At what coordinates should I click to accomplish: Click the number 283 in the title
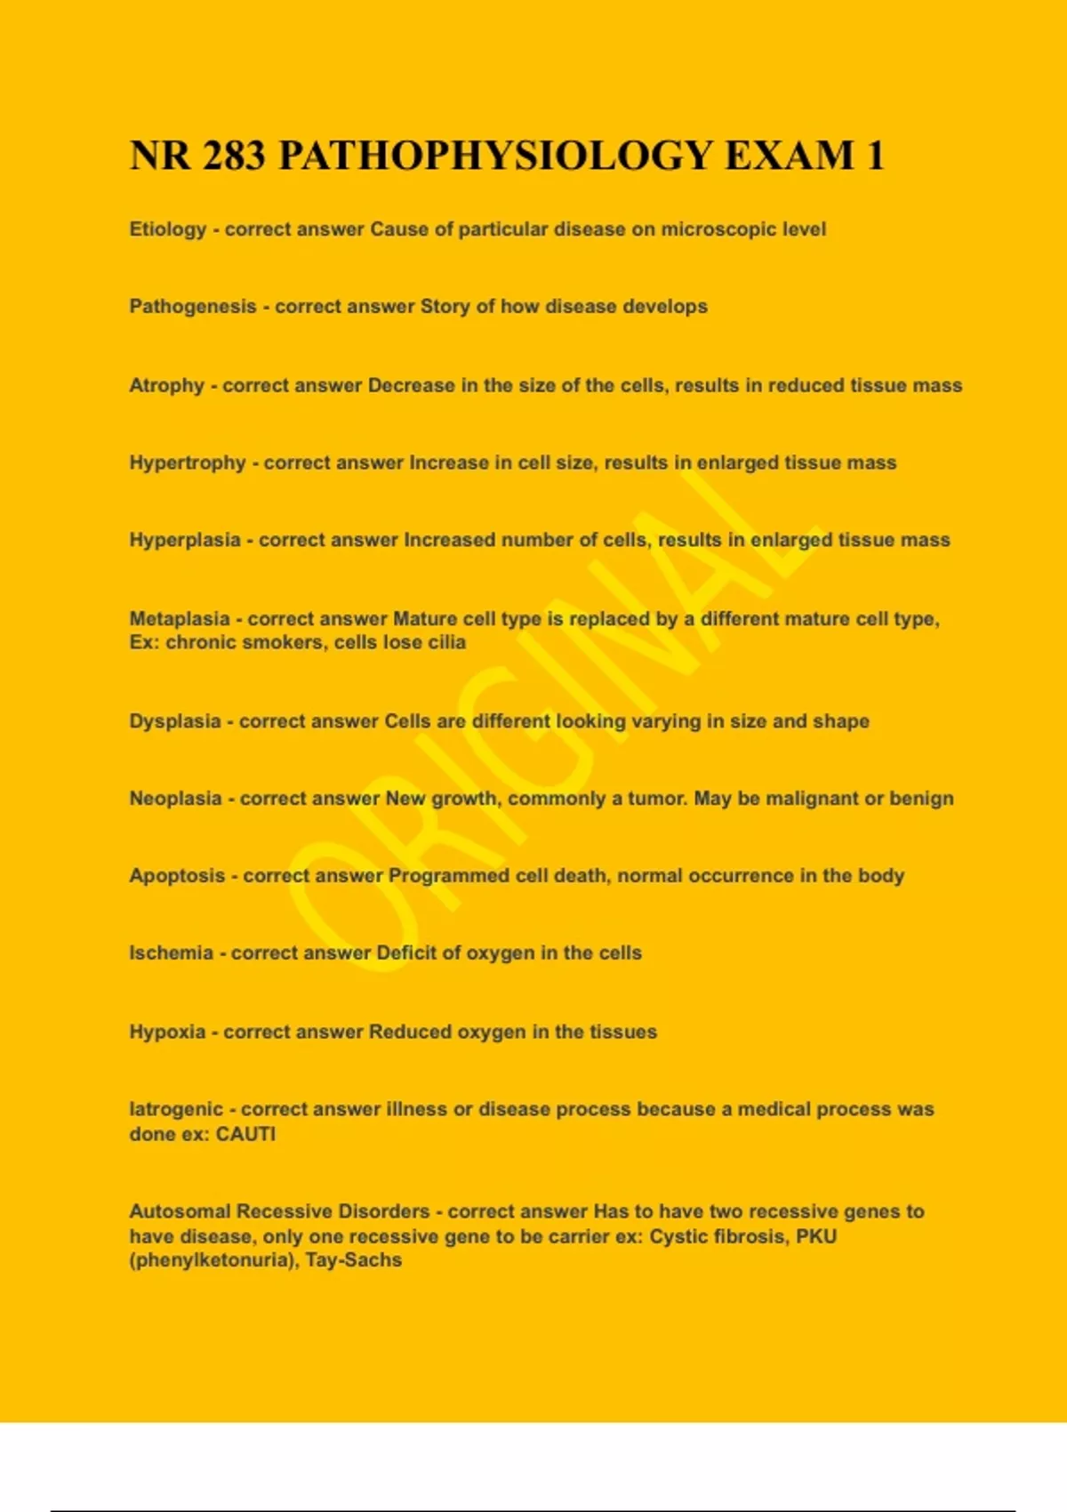[x=234, y=156]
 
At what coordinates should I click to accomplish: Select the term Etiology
[x=168, y=229]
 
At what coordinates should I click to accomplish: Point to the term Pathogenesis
[x=193, y=307]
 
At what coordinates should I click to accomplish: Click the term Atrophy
[x=167, y=386]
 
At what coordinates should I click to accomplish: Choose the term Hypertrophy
[x=188, y=463]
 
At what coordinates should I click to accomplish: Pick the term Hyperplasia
[x=185, y=540]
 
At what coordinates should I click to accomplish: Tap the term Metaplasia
[x=180, y=619]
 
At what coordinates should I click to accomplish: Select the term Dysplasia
[x=175, y=721]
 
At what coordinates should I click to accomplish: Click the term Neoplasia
[x=176, y=799]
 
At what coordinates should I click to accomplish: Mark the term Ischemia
[x=172, y=953]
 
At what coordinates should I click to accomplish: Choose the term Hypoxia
[x=167, y=1032]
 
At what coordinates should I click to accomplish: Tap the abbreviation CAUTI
[x=246, y=1134]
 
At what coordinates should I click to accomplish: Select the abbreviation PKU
[x=816, y=1236]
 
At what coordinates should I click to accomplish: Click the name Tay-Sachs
[x=354, y=1260]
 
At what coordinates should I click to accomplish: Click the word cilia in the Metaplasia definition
[x=447, y=642]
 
